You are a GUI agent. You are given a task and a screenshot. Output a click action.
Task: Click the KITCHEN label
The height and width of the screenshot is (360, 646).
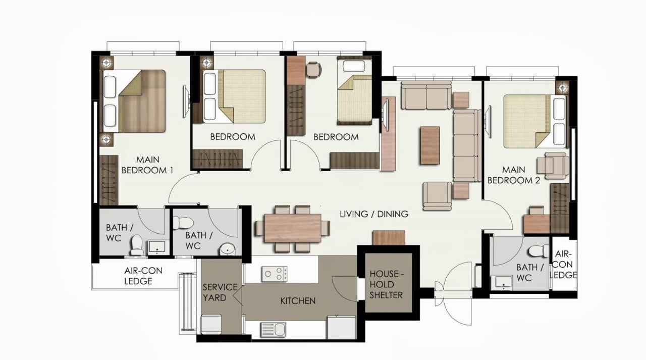point(298,301)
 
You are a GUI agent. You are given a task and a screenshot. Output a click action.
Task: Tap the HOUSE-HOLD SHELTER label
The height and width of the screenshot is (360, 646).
point(387,284)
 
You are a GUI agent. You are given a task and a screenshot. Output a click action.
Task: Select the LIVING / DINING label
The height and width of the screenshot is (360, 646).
point(374,214)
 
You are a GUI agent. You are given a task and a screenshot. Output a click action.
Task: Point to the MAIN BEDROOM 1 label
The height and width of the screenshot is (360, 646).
point(147,165)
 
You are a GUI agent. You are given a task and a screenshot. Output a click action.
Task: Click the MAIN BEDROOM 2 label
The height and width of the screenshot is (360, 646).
point(513,175)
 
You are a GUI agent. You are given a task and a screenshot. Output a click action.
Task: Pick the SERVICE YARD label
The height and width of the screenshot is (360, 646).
point(220,292)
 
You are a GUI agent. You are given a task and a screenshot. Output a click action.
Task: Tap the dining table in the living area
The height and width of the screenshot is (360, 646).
point(292,228)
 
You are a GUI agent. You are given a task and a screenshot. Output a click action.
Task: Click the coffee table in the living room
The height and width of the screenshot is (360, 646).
point(430,145)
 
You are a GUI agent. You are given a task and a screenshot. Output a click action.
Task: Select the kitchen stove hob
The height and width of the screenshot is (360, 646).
point(274,274)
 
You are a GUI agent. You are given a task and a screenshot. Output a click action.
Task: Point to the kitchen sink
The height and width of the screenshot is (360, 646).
point(273,329)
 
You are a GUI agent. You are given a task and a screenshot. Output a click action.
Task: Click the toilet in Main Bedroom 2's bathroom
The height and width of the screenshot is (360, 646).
point(539,251)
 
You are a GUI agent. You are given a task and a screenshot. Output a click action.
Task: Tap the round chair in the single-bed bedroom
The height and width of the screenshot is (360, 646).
point(314,70)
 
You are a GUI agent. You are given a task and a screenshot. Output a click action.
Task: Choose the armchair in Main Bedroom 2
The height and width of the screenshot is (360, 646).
point(553,166)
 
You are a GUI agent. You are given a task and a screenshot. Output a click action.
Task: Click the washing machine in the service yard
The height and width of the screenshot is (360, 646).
point(211,324)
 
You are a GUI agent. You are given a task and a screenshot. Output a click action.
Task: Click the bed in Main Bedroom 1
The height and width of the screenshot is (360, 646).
point(134,101)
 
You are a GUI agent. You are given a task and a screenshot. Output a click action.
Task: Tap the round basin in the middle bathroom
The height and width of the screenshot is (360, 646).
point(228,249)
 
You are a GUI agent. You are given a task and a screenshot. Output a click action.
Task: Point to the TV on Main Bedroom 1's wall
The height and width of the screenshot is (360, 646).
point(185,101)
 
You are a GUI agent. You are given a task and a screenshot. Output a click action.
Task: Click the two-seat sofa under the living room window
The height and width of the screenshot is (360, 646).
point(426,95)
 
